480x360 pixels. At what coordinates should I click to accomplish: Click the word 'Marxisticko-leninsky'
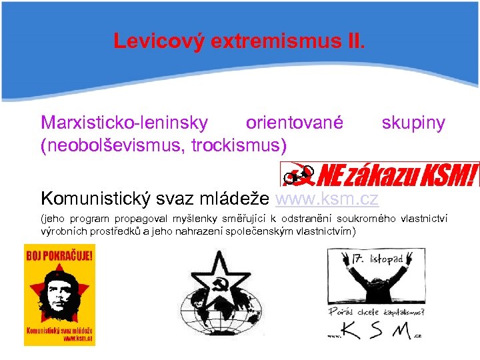coord(125,123)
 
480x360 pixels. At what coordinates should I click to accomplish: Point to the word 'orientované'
coord(295,123)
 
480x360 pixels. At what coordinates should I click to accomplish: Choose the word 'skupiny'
coord(413,123)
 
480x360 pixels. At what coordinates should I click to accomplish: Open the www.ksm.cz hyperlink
coord(327,198)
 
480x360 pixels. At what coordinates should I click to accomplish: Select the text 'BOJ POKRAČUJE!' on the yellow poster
coord(59,253)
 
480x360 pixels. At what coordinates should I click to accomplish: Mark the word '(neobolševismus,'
coord(113,144)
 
